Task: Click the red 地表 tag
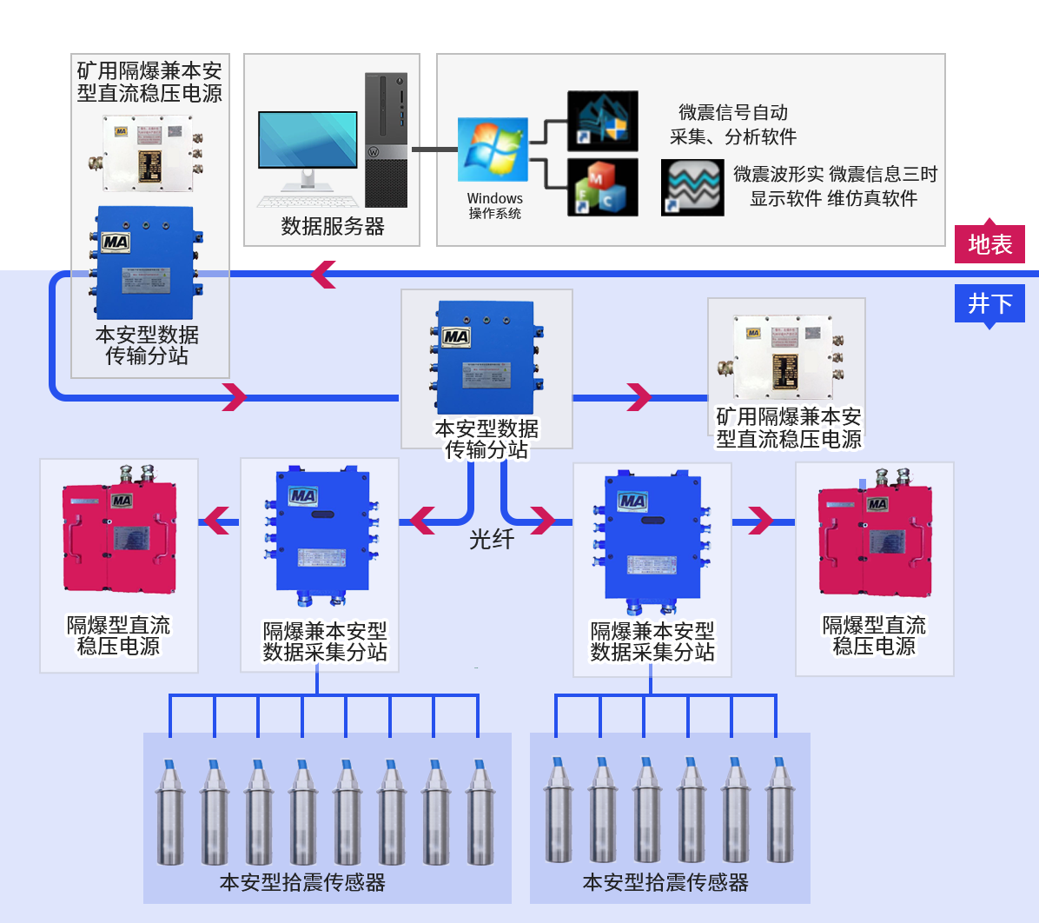(989, 244)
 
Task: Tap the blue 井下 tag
(989, 303)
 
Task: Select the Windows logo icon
(493, 149)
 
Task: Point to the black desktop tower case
(386, 139)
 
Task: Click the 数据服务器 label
(333, 227)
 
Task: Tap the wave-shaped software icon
(692, 186)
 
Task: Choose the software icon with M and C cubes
(602, 187)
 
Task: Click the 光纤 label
(492, 540)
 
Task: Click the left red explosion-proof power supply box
(119, 539)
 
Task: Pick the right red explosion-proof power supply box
(875, 541)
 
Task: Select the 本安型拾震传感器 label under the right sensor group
(665, 883)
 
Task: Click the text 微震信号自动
(733, 112)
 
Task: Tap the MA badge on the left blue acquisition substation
(302, 496)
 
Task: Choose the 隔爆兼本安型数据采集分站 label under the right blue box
(652, 641)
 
